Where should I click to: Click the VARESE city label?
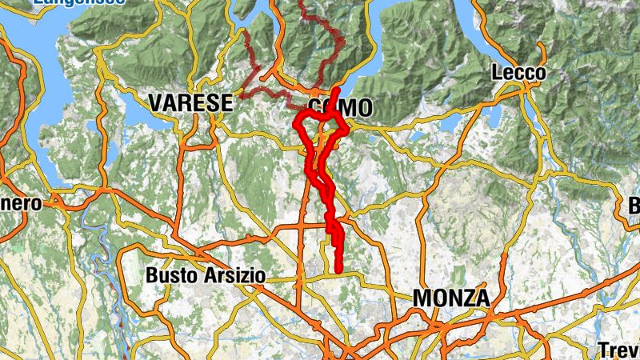(x=190, y=103)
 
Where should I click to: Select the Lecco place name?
(x=518, y=74)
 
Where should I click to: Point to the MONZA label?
(x=450, y=298)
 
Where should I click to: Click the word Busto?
(x=169, y=275)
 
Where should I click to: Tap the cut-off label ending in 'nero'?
(x=21, y=203)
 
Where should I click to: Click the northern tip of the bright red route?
(x=337, y=90)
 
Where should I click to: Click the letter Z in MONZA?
(x=463, y=298)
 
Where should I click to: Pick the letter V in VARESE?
(x=154, y=103)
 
